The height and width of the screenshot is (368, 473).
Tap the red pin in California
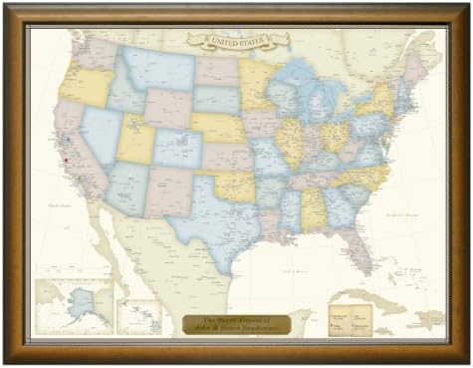coord(63,160)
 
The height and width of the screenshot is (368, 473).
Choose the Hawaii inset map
coord(139,316)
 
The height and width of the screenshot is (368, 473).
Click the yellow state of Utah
coord(136,141)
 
